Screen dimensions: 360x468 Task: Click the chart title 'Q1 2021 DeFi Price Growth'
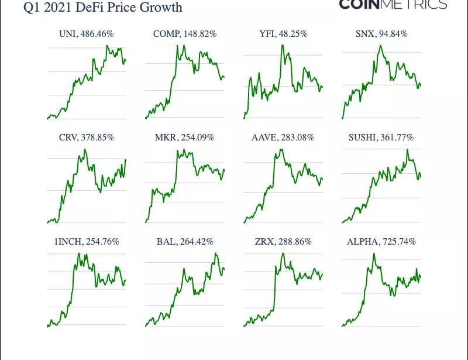click(x=103, y=8)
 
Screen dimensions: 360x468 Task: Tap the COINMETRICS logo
click(x=393, y=5)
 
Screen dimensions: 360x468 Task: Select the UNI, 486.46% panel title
click(x=86, y=34)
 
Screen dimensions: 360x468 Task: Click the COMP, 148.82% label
click(x=185, y=34)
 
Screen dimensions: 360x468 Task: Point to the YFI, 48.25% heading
click(x=283, y=34)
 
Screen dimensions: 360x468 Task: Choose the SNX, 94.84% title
click(x=381, y=34)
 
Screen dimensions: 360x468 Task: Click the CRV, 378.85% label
click(x=87, y=138)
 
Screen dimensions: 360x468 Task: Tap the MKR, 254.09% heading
click(x=185, y=138)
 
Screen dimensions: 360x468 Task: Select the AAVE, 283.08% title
click(x=283, y=138)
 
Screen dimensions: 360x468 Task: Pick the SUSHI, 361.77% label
click(x=381, y=138)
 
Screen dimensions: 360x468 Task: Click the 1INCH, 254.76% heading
click(x=87, y=241)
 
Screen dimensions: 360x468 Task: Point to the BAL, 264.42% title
click(x=185, y=241)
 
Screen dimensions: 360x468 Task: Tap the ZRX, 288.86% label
click(x=283, y=241)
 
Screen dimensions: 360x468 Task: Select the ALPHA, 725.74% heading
click(x=381, y=241)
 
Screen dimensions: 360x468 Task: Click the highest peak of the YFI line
click(x=283, y=45)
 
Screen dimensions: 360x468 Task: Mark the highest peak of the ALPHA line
click(x=373, y=253)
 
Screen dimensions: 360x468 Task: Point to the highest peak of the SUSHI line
click(x=407, y=149)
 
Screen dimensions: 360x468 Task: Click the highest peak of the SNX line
click(x=380, y=46)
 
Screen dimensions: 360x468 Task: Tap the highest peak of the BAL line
click(x=216, y=253)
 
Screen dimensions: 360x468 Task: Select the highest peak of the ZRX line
click(x=283, y=253)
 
